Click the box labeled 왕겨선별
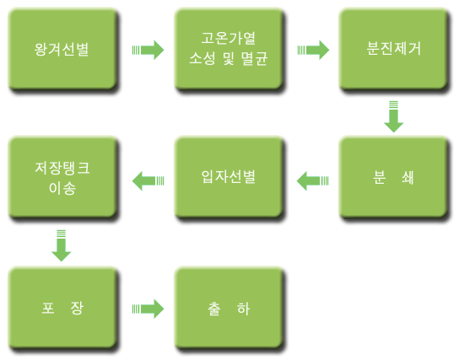point(62,49)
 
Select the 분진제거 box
point(393,49)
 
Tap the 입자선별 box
point(229,177)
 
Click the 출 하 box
point(229,308)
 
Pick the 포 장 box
point(62,308)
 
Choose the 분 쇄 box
point(393,177)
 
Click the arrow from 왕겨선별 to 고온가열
point(148,50)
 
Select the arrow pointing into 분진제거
point(313,50)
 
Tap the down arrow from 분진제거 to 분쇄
point(394,116)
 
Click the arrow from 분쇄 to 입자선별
point(313,181)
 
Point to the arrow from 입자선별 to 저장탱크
point(148,181)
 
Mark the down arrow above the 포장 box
point(62,245)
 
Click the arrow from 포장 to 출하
point(148,309)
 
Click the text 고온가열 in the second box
point(229,38)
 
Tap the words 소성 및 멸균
point(229,58)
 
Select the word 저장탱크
point(62,168)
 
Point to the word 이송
point(62,188)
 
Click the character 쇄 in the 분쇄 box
point(408,178)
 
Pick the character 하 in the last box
point(243,309)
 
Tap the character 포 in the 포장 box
point(48,308)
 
